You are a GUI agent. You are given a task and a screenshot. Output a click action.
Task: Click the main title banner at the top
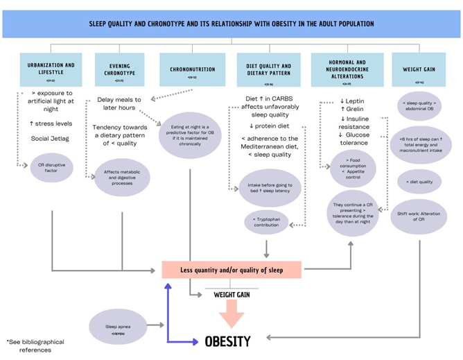click(x=231, y=24)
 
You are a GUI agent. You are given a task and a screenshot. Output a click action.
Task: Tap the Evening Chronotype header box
click(x=116, y=69)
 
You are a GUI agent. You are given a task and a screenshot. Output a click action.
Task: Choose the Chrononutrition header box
click(x=191, y=69)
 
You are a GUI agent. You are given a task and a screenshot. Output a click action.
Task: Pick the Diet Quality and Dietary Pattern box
click(x=268, y=69)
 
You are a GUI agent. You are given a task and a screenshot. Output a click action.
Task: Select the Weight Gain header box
click(x=419, y=69)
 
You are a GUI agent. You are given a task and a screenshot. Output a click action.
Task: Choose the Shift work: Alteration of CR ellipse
click(x=418, y=216)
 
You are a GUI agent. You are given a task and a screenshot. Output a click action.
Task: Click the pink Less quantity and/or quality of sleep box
click(x=232, y=269)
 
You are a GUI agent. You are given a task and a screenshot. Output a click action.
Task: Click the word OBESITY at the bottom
click(x=227, y=341)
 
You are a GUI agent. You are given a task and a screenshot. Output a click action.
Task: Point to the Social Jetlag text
click(x=49, y=139)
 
